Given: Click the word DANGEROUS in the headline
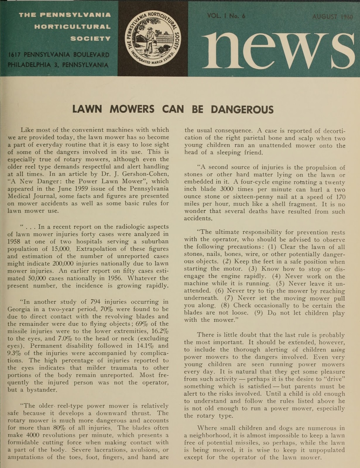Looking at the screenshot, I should tap(242, 109).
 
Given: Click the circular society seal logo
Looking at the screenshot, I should tap(153, 38).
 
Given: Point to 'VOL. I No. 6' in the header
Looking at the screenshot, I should tap(226, 16).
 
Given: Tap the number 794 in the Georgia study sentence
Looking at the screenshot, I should tap(97, 302).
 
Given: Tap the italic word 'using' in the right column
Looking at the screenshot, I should tap(338, 350).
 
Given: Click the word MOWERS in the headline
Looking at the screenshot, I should tap(132, 109).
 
